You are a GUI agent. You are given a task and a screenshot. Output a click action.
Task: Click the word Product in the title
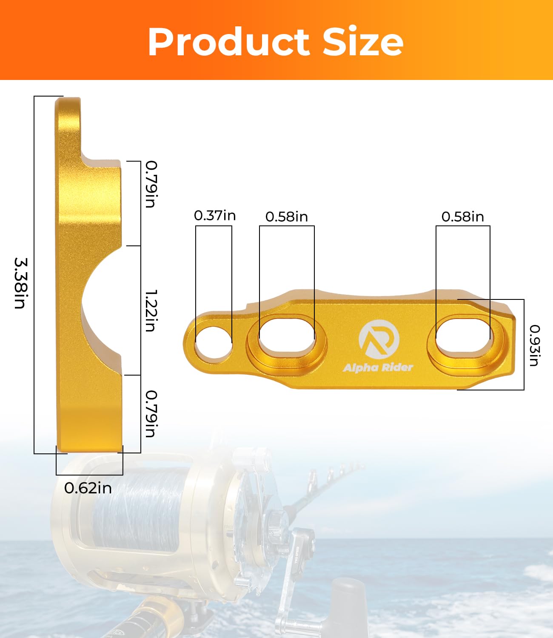[228, 42]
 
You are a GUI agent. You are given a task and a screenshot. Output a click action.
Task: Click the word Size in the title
[363, 41]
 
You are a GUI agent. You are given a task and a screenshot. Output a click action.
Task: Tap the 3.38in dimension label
[20, 283]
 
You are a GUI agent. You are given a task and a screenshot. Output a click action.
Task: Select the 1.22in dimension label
[151, 310]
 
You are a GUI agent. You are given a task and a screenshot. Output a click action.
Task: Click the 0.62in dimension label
[88, 488]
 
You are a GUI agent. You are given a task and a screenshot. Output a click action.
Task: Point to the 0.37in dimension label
[215, 216]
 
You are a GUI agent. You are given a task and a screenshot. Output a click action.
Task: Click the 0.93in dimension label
[534, 345]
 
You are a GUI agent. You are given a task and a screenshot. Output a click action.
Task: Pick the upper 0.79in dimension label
[151, 184]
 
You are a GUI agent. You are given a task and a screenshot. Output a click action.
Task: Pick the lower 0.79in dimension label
[151, 413]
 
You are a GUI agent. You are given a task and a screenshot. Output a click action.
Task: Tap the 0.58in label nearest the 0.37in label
[286, 216]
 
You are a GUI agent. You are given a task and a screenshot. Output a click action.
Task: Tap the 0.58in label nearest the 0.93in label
[462, 216]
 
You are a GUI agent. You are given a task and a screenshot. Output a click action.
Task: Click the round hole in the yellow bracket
[213, 343]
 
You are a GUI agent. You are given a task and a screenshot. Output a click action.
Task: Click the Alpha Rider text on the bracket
[378, 367]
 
